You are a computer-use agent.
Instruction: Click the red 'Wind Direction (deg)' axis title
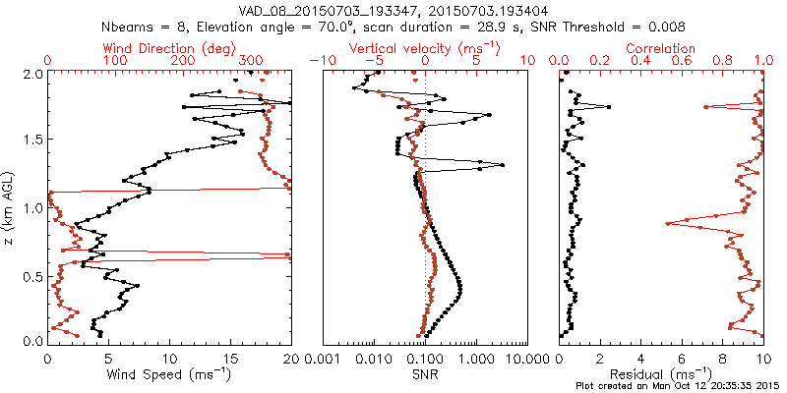click(170, 47)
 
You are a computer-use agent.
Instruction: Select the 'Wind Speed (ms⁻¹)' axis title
click(170, 374)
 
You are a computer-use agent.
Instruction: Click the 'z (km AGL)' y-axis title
click(11, 207)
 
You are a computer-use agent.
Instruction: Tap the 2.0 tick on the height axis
click(33, 74)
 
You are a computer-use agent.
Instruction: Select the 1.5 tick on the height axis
click(33, 140)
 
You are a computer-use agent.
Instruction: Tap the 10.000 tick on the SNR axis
click(526, 358)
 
